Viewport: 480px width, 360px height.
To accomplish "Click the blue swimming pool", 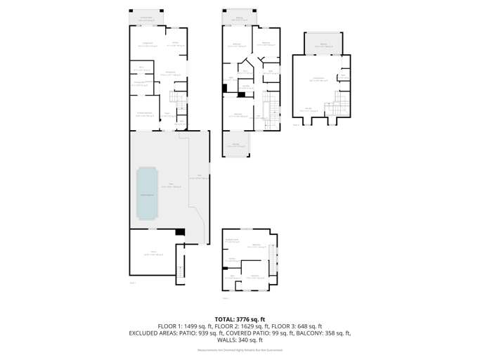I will [148, 193].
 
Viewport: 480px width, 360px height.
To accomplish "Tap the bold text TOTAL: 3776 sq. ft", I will [240, 319].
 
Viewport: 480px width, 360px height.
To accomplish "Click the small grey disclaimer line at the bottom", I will [240, 349].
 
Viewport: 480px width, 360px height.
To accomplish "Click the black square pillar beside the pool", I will [180, 232].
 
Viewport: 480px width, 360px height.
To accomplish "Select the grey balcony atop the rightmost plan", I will [323, 44].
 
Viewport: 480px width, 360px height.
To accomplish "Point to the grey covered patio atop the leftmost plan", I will [147, 18].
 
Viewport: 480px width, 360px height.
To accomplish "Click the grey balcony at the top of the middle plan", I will [239, 18].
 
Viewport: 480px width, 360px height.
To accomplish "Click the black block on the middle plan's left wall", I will [225, 88].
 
